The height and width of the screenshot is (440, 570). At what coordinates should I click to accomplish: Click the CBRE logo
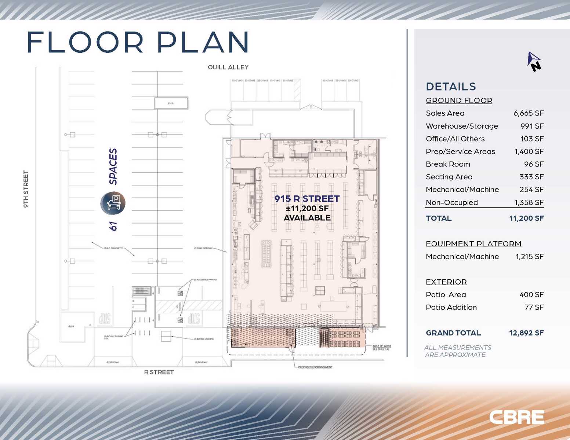tap(516, 417)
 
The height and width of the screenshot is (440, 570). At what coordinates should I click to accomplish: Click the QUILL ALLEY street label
tap(228, 67)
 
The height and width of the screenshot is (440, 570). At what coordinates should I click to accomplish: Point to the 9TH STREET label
tap(26, 189)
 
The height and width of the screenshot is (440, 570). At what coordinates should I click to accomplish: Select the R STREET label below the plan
tap(159, 372)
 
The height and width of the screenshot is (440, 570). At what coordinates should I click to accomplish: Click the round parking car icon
tap(113, 203)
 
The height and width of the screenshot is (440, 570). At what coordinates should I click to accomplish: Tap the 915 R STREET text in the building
tap(307, 199)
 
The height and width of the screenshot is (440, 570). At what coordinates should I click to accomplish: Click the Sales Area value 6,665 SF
tap(528, 113)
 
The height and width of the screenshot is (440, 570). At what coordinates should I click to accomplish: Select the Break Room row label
tap(448, 164)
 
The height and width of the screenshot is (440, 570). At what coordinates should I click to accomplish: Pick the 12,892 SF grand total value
tap(526, 333)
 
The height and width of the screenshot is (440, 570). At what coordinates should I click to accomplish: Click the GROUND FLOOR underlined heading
tap(459, 100)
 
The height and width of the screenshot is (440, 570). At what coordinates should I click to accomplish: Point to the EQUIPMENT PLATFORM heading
tap(473, 244)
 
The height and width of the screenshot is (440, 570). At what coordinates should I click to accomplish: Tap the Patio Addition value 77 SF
tap(534, 307)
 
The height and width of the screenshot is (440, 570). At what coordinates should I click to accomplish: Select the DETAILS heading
tap(451, 87)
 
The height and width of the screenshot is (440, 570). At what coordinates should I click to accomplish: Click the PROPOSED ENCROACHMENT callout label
tap(315, 367)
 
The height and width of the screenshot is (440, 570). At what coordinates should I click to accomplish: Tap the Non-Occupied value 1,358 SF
tap(529, 202)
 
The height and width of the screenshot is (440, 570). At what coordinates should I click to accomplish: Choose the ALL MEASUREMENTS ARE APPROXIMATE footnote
tap(457, 351)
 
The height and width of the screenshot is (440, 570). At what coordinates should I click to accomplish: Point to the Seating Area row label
tap(449, 177)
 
